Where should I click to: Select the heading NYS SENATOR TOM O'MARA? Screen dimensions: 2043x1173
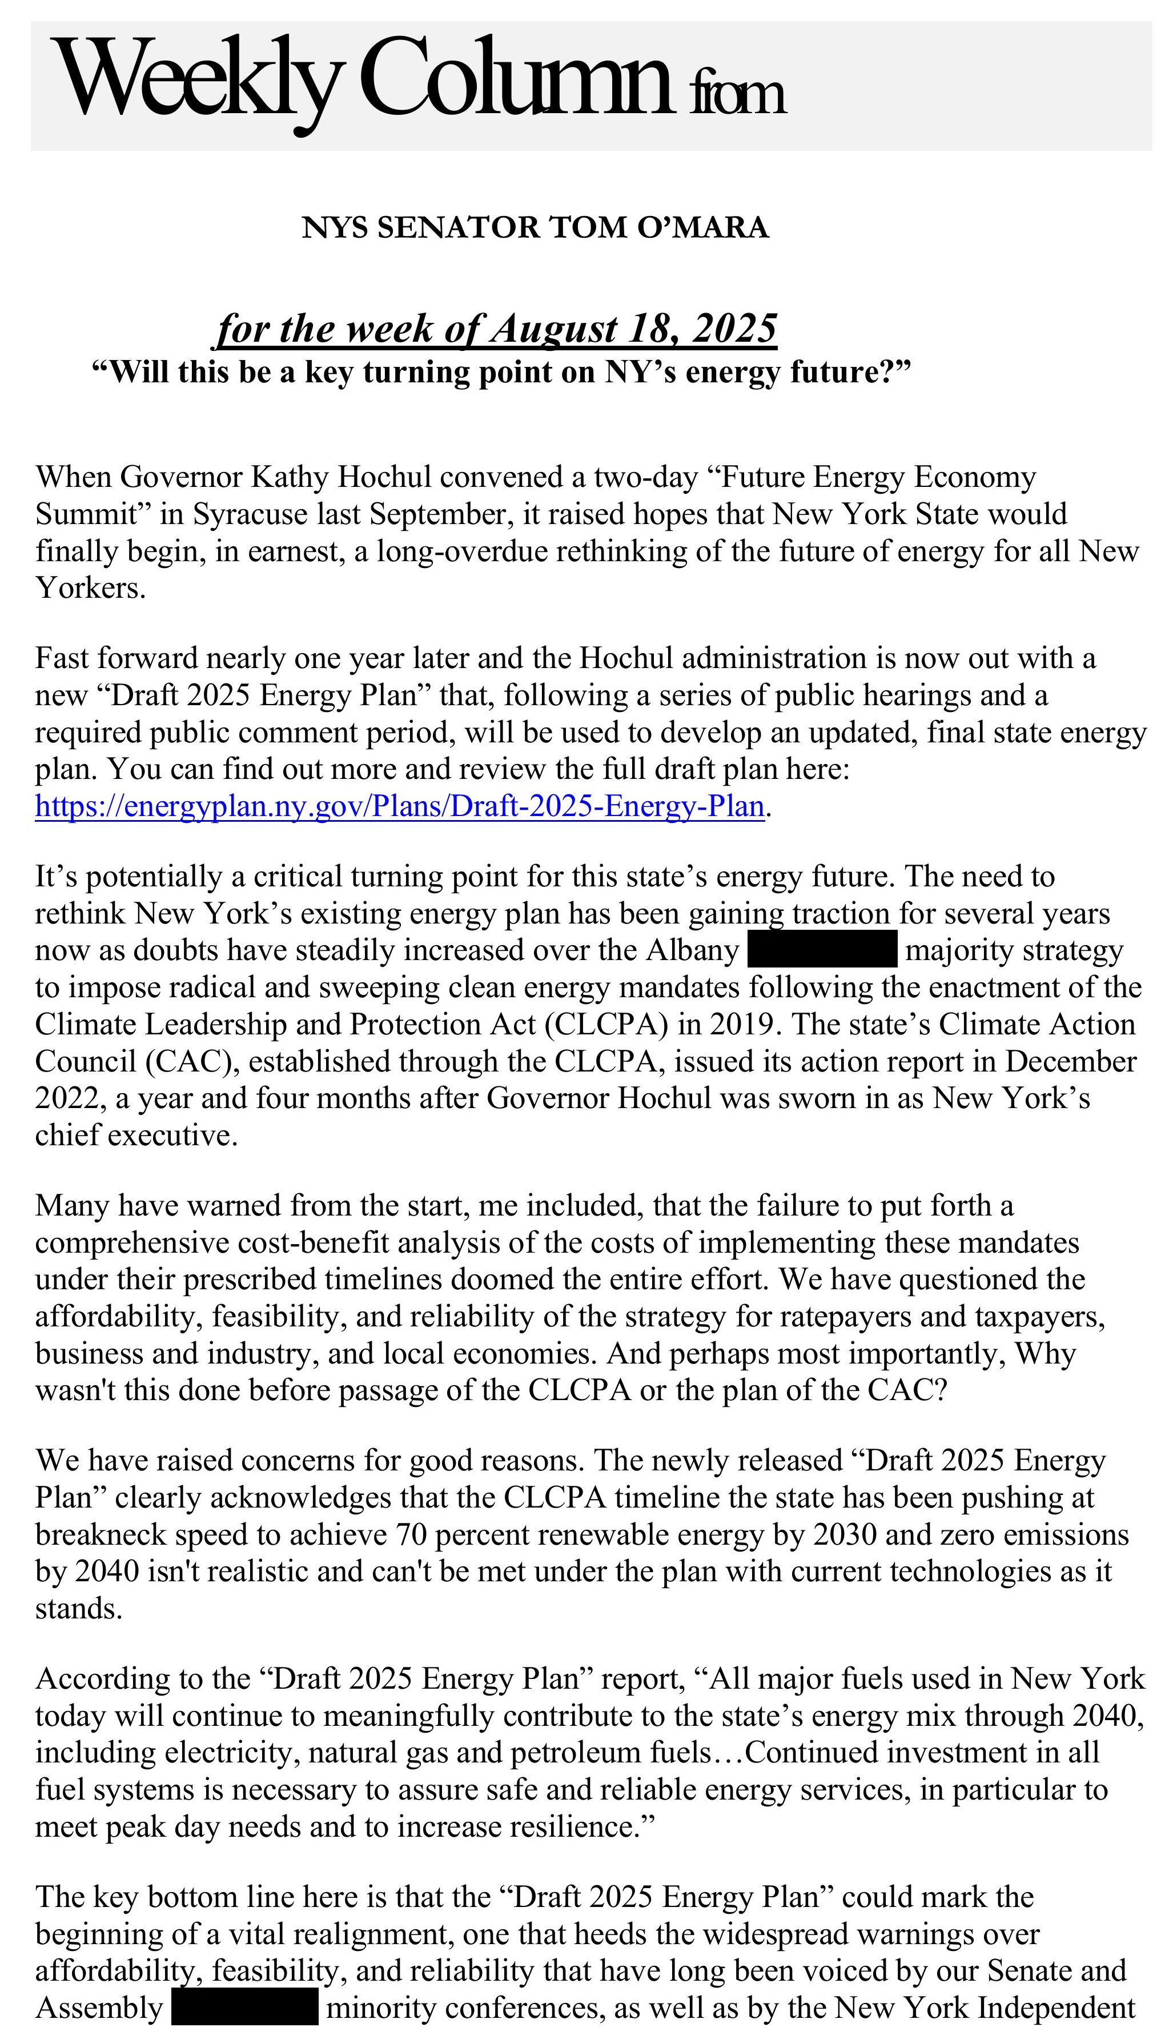[x=535, y=228]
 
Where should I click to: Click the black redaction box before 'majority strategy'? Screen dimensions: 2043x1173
[x=822, y=949]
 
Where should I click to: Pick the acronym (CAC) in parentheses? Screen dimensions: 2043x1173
[x=192, y=1061]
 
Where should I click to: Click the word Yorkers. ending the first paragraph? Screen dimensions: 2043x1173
[x=90, y=588]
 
